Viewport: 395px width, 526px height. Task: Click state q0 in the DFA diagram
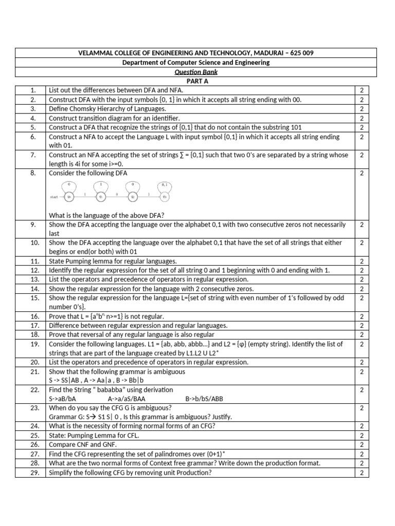click(x=70, y=196)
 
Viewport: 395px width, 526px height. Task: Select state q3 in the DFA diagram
click(x=164, y=196)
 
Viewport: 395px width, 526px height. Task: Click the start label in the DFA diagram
click(x=55, y=196)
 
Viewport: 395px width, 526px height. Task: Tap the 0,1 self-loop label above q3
click(x=164, y=184)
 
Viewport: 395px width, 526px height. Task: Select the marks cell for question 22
click(x=362, y=390)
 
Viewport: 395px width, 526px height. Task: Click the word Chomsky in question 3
click(x=84, y=109)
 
